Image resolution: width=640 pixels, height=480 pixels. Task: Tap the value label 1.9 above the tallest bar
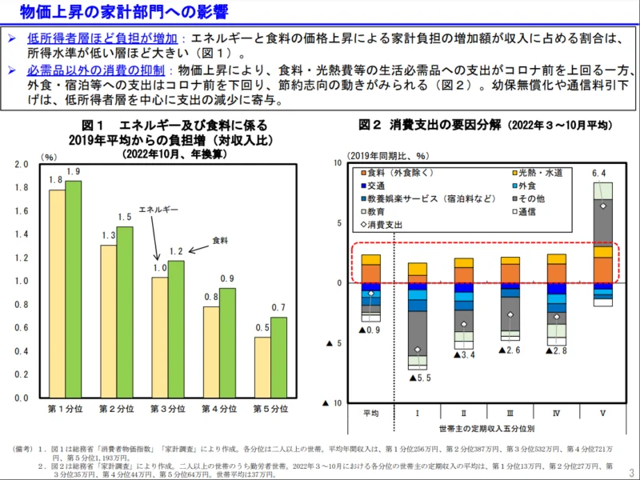coord(74,171)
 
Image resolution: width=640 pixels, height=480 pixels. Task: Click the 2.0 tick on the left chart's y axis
coord(22,165)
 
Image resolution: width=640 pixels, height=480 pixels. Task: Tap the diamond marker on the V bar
coord(603,206)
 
